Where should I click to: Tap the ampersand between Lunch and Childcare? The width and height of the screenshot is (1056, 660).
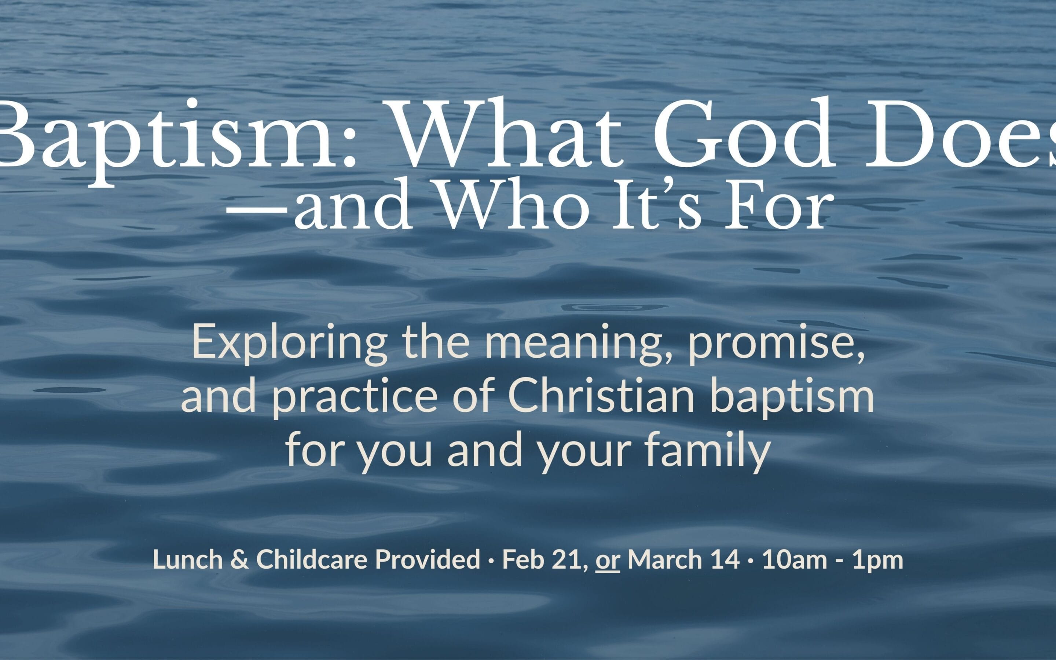[239, 559]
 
